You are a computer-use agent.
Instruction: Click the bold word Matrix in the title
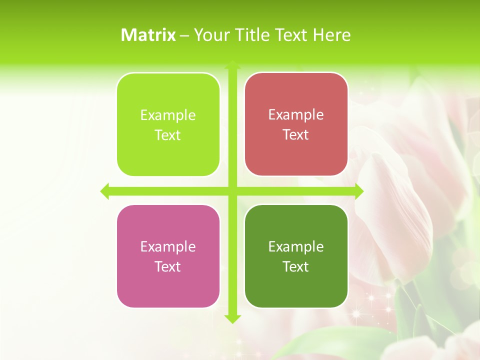pos(148,35)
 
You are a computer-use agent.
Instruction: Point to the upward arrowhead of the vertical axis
pos(232,65)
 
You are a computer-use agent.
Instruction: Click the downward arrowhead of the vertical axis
pos(232,318)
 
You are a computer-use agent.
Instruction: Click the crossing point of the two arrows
pos(232,191)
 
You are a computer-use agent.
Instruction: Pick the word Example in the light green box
pos(168,115)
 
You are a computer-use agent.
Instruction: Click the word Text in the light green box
pos(168,135)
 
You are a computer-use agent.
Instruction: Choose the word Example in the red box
pos(296,115)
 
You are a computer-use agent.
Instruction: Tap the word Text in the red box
pos(296,135)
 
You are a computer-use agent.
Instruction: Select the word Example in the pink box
pos(168,247)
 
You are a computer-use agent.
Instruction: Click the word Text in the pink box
pos(168,267)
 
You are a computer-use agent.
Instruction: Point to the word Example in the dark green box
pos(296,247)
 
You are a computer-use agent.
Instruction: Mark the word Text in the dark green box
pos(296,267)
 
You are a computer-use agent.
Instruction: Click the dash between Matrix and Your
pos(184,35)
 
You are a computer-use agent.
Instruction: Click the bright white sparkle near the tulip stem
pos(356,313)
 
